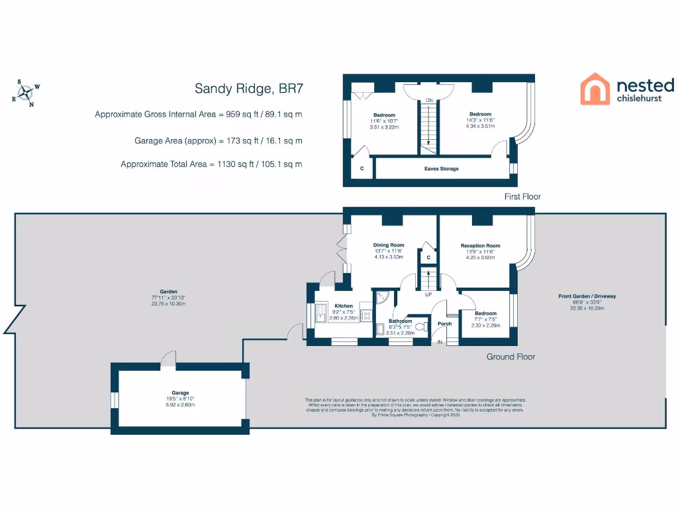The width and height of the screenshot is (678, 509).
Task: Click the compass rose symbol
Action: click(26, 93)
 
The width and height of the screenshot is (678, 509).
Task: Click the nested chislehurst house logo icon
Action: click(595, 89)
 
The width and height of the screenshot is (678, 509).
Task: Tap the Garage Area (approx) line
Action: click(218, 141)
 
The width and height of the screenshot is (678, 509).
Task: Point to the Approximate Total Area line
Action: click(211, 164)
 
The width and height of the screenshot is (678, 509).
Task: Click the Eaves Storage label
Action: click(441, 169)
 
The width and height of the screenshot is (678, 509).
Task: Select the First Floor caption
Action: click(522, 196)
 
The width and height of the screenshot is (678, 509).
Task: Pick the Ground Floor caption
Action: click(510, 357)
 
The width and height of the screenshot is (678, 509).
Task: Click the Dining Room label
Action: click(388, 245)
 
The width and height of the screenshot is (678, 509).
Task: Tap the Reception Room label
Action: click(480, 246)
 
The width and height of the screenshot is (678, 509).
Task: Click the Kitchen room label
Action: click(344, 306)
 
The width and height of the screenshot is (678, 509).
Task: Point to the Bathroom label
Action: click(400, 321)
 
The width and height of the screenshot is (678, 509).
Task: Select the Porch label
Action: click(445, 323)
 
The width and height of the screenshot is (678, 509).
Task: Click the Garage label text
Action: click(181, 393)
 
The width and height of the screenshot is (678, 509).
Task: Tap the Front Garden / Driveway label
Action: click(587, 296)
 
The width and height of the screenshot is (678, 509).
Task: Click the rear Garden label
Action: click(168, 292)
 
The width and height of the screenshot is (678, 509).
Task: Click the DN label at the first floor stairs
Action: click(429, 100)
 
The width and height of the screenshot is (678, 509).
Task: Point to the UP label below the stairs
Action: click(428, 294)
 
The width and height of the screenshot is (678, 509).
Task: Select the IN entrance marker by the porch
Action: click(439, 342)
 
